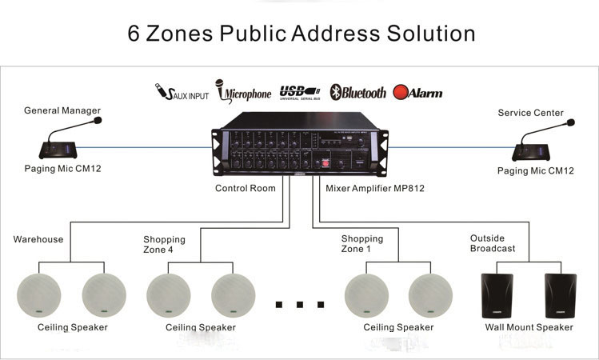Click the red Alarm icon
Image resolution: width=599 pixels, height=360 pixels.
(401, 92)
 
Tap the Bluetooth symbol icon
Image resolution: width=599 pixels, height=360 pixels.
(337, 92)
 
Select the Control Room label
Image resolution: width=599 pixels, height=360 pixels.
(245, 189)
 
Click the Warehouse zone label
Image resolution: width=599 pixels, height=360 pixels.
(38, 239)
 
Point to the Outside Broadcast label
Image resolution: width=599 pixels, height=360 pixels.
(493, 243)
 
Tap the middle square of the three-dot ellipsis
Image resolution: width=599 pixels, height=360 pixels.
(300, 304)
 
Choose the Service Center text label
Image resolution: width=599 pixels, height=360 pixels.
(530, 113)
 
